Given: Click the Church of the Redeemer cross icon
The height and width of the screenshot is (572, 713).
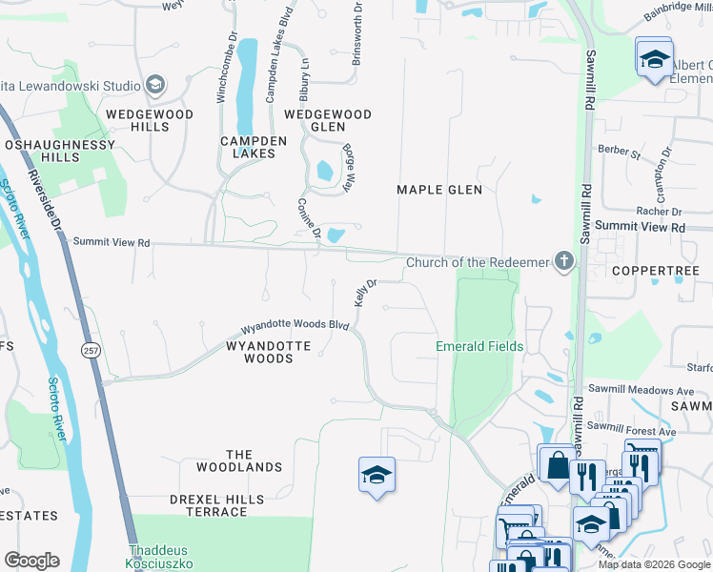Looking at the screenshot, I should (x=564, y=260).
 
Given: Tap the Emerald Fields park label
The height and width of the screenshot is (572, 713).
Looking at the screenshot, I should (x=479, y=346).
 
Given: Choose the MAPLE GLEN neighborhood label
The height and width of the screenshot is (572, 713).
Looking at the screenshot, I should (x=439, y=190).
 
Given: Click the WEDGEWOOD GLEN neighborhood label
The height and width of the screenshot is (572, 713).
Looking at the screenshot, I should (x=328, y=120).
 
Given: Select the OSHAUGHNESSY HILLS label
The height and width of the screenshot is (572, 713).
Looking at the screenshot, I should (x=58, y=151).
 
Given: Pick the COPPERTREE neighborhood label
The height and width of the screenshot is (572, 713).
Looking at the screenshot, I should (x=650, y=271).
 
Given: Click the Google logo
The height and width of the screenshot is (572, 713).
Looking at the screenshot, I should (x=31, y=561).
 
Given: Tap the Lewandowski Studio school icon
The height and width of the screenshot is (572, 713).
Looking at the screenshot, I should (x=154, y=85).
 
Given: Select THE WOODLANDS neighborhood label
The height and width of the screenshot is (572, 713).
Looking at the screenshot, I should (x=239, y=460).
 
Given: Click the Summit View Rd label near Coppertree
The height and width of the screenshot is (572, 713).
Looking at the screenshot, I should (x=640, y=227).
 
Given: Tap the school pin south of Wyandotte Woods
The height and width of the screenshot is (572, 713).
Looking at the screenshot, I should (x=377, y=474).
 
